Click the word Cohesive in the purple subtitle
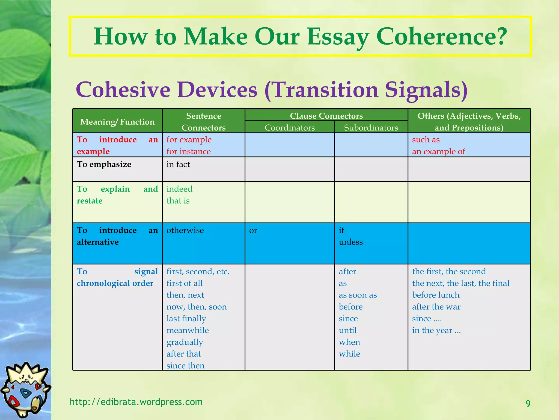coord(123,90)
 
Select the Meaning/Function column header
coord(117,122)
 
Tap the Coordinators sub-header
coord(290,127)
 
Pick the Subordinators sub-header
coord(371,127)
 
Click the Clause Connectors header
coord(326,116)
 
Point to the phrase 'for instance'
coord(188,151)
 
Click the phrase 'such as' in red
coord(426,139)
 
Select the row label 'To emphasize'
coord(104,164)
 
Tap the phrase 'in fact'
coord(178,164)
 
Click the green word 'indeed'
coord(179,189)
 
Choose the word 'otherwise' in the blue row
coord(185,230)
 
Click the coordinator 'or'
coord(253,230)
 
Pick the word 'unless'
coord(351,242)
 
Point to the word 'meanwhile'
coord(188,330)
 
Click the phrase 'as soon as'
coord(358,295)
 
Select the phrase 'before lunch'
coord(436,295)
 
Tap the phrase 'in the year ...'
coord(436,330)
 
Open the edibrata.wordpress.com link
coord(136,402)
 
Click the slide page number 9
coord(528,404)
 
